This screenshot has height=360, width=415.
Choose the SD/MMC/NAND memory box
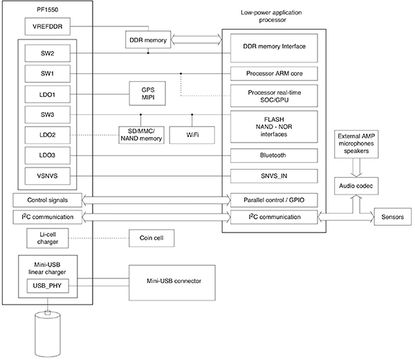tap(141, 134)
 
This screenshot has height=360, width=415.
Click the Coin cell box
tap(151, 238)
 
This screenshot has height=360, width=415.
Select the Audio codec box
tap(356, 186)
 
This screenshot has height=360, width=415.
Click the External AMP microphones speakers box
tap(356, 142)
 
